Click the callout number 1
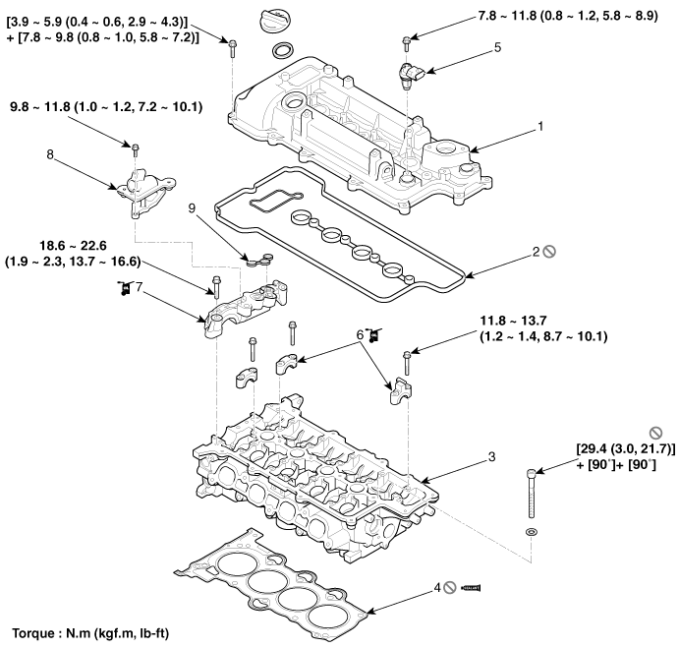pyautogui.click(x=539, y=127)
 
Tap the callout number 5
pyautogui.click(x=497, y=46)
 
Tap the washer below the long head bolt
pyautogui.click(x=532, y=532)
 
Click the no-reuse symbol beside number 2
pyautogui.click(x=549, y=252)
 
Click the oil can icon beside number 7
pyautogui.click(x=123, y=287)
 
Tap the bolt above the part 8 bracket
pyautogui.click(x=137, y=149)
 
